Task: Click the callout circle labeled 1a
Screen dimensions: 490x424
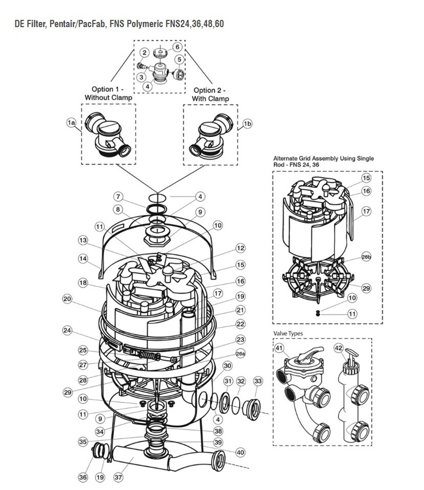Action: coord(71,123)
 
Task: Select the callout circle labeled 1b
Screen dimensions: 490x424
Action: coord(247,123)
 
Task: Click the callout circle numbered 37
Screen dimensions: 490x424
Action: coord(119,477)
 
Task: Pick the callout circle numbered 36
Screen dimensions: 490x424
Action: coord(83,477)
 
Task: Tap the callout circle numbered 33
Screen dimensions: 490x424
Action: coord(258,381)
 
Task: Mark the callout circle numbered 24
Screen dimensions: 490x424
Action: coord(68,330)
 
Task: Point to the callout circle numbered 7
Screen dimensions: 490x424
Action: coord(118,197)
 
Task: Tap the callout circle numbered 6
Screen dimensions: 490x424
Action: coord(177,47)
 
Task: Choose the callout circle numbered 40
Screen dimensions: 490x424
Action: coord(241,452)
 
